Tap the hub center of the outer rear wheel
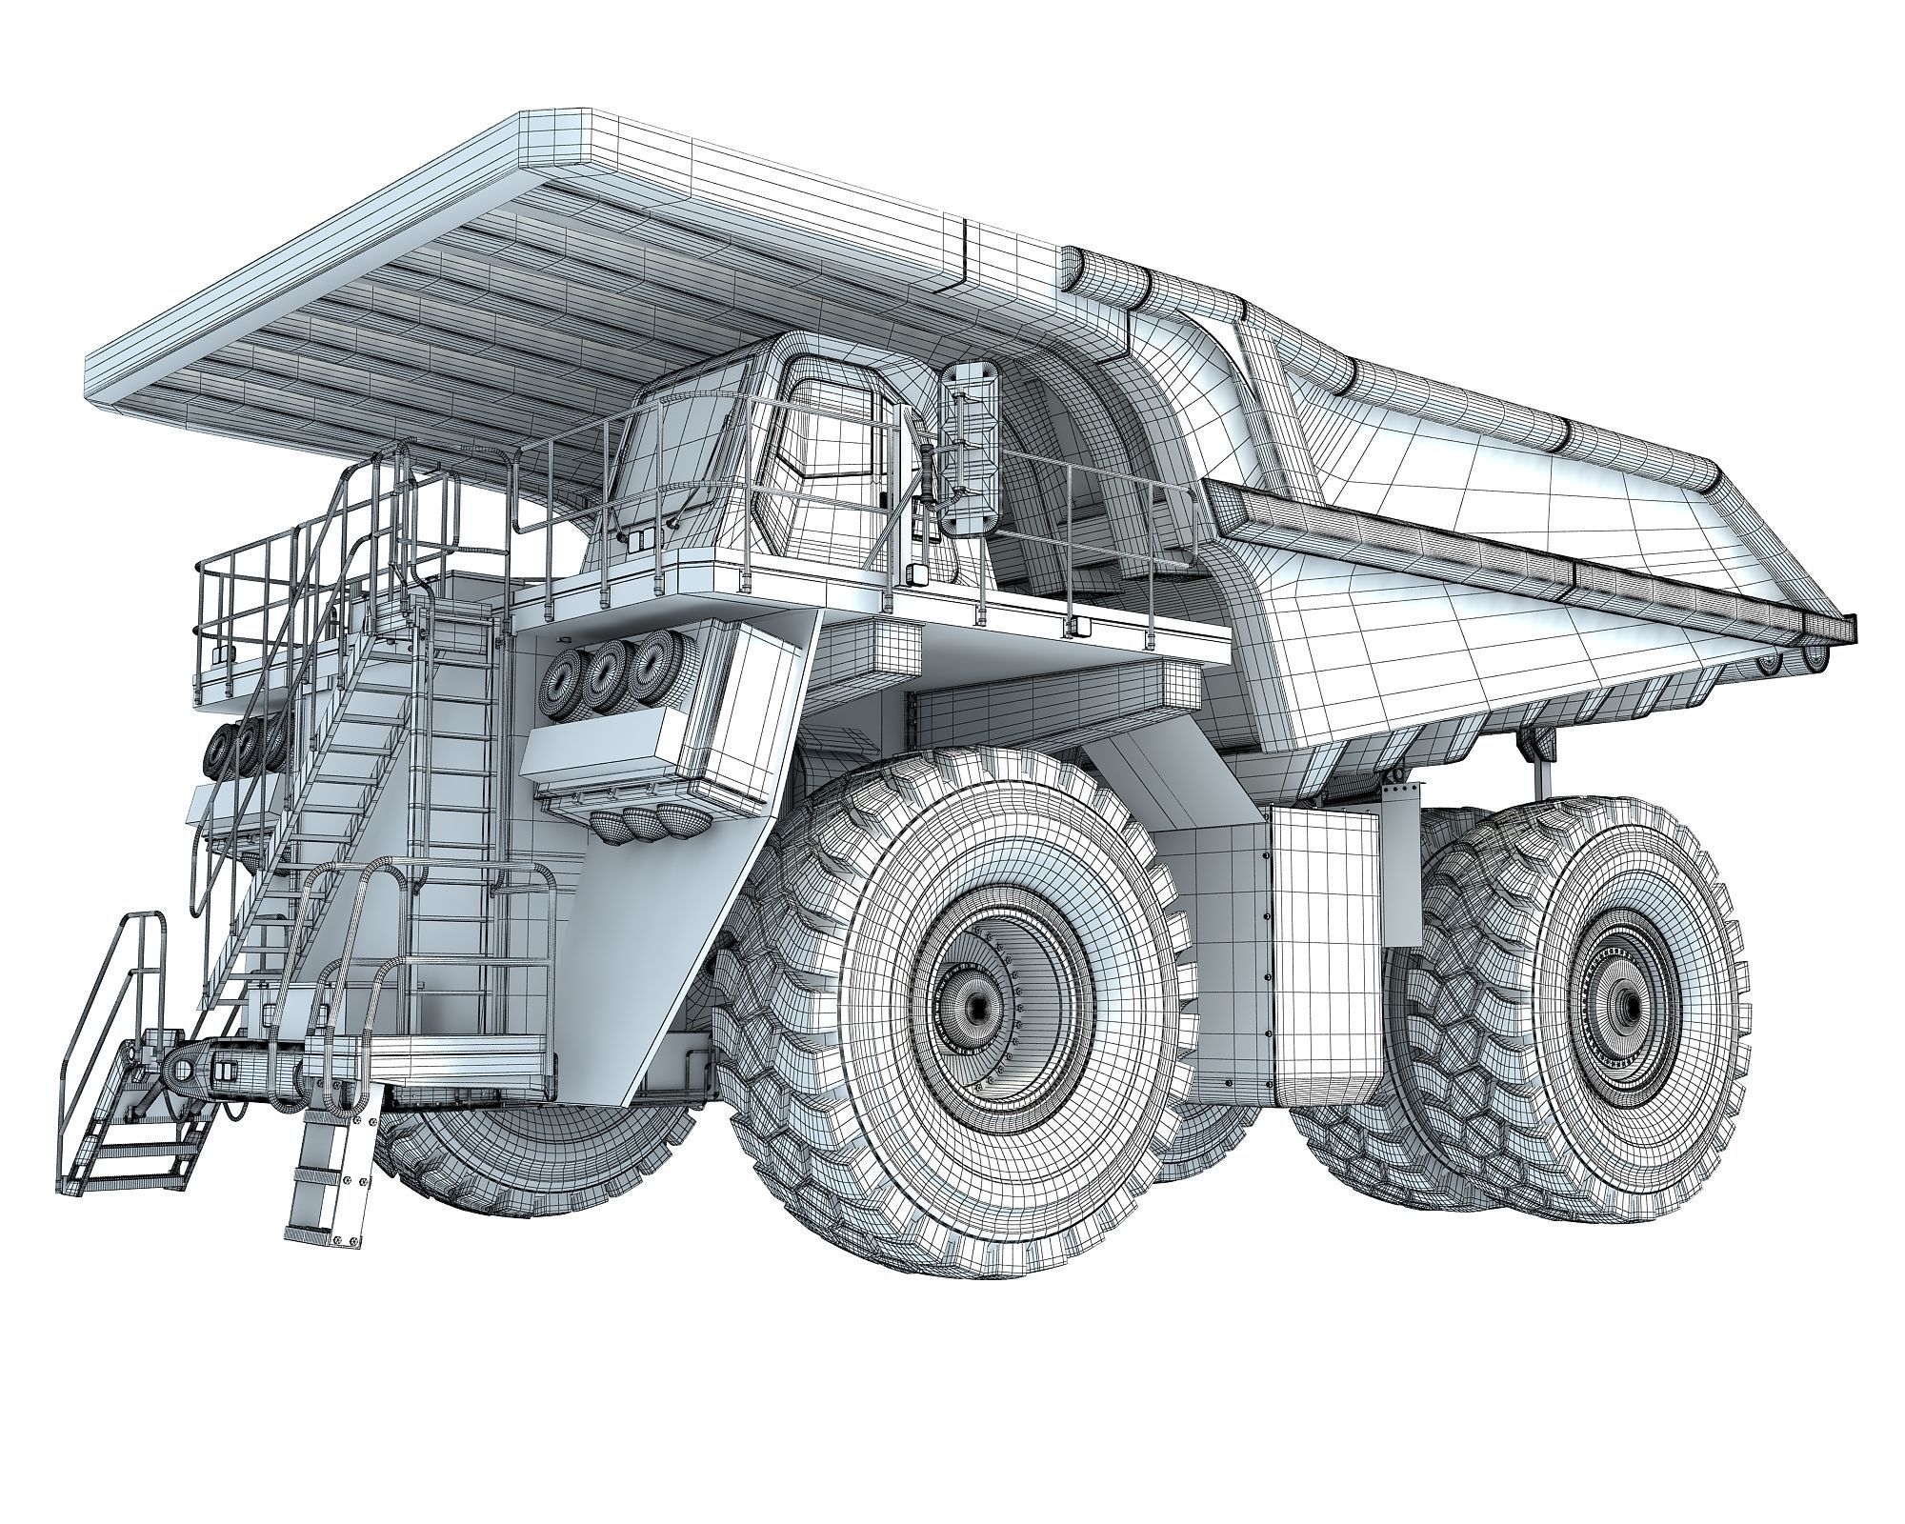point(1627,1005)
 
